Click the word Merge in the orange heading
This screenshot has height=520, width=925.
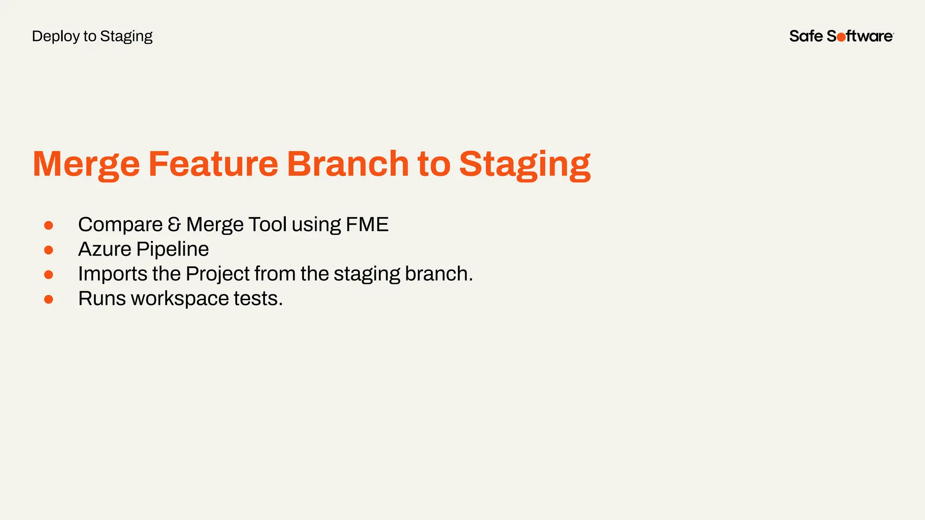(x=86, y=164)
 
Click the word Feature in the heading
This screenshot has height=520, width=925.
(x=213, y=163)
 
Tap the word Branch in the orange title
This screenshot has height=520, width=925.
(x=348, y=163)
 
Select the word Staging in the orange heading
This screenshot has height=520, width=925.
(x=524, y=164)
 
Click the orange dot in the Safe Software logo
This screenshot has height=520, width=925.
(x=841, y=37)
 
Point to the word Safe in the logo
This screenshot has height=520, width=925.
(x=806, y=36)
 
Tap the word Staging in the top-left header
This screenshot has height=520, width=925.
(x=126, y=37)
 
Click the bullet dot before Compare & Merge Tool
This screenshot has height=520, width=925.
(x=49, y=225)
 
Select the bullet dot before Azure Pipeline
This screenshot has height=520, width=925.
(x=49, y=250)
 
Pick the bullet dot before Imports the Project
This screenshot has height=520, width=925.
(x=49, y=274)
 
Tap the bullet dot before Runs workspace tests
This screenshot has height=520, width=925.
(x=49, y=299)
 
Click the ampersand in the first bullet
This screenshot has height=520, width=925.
(x=174, y=225)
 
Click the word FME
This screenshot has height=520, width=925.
(x=367, y=225)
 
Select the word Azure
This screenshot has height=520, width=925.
(x=104, y=249)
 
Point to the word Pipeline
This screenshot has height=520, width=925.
(x=173, y=249)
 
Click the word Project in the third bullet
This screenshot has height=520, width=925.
(x=217, y=274)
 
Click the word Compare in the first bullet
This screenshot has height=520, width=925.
(x=120, y=225)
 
